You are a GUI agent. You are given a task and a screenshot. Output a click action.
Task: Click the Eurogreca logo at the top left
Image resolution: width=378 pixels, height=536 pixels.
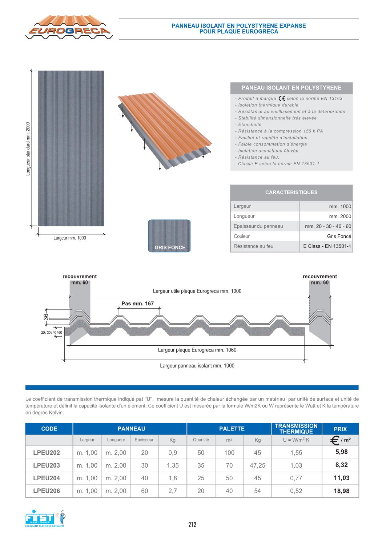click(69, 28)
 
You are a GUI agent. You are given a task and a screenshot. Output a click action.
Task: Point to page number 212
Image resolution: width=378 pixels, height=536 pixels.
click(192, 524)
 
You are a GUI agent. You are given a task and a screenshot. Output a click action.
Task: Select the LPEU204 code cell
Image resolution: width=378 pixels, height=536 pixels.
click(47, 478)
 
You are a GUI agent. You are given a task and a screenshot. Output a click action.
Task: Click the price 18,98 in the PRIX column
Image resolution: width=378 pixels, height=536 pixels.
click(341, 491)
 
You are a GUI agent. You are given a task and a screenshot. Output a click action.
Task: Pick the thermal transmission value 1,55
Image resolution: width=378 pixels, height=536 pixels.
click(296, 453)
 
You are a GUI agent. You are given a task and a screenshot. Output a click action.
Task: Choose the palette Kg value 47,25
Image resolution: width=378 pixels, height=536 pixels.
click(257, 465)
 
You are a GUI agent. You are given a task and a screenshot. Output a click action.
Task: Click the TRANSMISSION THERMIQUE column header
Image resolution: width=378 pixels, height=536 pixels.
click(296, 429)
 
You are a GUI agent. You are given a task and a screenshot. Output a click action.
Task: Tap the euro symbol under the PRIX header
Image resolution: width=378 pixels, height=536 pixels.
click(335, 440)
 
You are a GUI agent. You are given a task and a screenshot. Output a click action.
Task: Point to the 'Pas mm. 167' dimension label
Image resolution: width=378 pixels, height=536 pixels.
click(138, 303)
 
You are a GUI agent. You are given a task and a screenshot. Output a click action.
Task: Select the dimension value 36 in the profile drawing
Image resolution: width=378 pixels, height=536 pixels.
click(46, 317)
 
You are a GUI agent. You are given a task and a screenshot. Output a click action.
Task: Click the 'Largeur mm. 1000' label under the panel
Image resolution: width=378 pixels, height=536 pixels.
click(70, 238)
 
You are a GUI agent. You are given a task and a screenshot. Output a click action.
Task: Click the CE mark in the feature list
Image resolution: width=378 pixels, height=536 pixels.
click(281, 98)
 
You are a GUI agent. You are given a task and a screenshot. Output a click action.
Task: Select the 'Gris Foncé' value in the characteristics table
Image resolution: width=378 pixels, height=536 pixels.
click(339, 236)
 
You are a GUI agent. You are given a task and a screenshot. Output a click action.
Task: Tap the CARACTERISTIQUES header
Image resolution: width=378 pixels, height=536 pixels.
click(291, 192)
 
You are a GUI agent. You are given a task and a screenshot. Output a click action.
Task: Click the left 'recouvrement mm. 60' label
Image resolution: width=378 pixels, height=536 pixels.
click(80, 279)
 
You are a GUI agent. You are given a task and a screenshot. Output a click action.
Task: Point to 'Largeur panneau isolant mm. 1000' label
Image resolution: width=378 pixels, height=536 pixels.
click(197, 366)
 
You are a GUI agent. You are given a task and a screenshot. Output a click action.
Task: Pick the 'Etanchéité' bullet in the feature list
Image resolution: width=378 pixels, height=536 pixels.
click(250, 124)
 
